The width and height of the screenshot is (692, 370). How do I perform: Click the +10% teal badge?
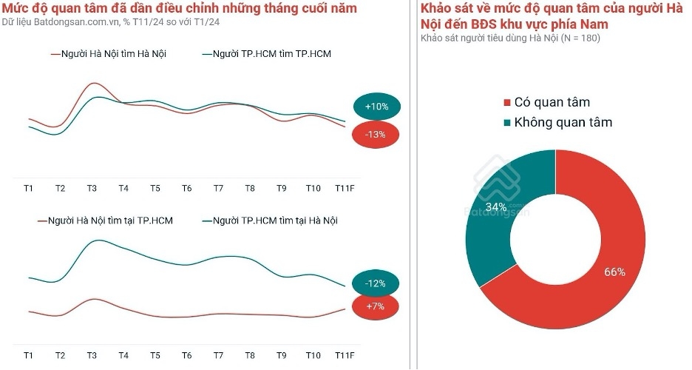(376, 107)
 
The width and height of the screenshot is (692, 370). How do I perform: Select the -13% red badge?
(376, 135)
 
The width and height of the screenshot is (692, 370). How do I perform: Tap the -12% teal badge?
(375, 283)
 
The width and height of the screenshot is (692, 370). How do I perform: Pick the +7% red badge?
(375, 306)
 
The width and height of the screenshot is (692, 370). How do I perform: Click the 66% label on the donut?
(614, 272)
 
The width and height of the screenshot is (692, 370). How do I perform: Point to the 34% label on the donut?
(496, 206)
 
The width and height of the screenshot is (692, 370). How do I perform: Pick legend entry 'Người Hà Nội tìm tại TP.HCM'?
(105, 221)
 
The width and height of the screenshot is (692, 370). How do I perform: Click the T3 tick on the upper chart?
(92, 189)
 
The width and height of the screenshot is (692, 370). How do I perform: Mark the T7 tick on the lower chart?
(218, 356)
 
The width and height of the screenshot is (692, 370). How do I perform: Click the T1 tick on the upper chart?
(28, 189)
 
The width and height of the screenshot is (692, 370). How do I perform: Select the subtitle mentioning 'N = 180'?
(510, 38)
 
